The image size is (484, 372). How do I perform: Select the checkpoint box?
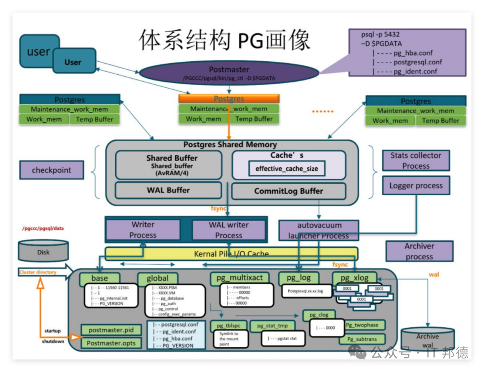(x=52, y=170)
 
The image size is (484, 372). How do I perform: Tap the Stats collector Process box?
(x=416, y=161)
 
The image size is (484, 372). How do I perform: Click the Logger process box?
(x=416, y=185)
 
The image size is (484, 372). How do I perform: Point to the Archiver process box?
(x=419, y=251)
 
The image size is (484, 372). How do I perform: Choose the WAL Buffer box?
(x=169, y=190)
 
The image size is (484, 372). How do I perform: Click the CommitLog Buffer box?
(x=289, y=191)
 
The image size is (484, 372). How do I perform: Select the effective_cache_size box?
(x=287, y=169)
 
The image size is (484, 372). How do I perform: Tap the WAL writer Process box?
(x=229, y=230)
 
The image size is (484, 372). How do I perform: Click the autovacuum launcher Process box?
(x=318, y=230)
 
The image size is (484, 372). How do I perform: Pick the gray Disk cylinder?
(x=43, y=251)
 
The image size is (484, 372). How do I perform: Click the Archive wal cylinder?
(x=428, y=340)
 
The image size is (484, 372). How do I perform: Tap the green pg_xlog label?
(x=354, y=278)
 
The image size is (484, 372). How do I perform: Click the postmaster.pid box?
(x=111, y=330)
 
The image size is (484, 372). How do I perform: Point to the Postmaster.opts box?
(x=111, y=343)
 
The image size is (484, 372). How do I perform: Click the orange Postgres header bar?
(x=229, y=98)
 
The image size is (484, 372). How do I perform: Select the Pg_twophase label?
(x=362, y=325)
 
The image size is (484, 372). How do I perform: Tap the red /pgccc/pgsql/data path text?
(x=43, y=228)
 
